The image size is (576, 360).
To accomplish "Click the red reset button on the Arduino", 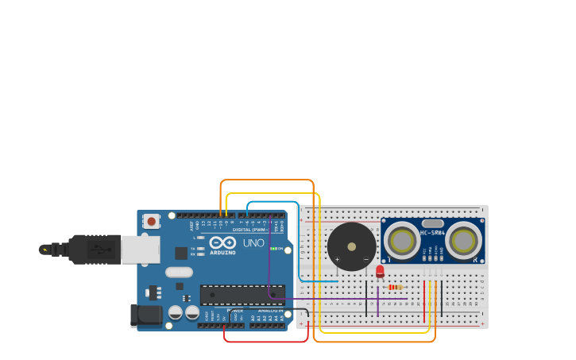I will (x=151, y=221).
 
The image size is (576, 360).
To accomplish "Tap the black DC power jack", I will (x=147, y=315).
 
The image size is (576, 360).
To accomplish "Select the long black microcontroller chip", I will (x=242, y=295).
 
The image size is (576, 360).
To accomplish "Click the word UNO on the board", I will (x=253, y=242).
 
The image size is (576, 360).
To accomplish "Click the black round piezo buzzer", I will (x=351, y=246).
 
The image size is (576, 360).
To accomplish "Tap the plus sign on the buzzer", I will (x=338, y=260).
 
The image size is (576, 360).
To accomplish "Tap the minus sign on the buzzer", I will (x=365, y=260).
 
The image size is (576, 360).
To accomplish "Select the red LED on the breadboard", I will (x=380, y=271).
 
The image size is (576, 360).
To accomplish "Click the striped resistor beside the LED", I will (x=395, y=287).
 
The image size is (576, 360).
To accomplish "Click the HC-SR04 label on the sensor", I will (x=433, y=233).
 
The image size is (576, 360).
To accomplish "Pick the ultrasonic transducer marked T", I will (x=402, y=240).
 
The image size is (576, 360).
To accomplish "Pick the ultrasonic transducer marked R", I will (x=463, y=240).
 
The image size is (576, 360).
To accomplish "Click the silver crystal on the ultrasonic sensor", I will (x=432, y=223).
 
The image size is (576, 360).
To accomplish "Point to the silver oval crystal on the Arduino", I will (x=179, y=273).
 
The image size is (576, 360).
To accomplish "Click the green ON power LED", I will (x=272, y=249).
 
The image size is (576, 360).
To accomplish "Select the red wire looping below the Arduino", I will (x=266, y=341).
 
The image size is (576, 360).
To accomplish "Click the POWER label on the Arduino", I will (x=235, y=311).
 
